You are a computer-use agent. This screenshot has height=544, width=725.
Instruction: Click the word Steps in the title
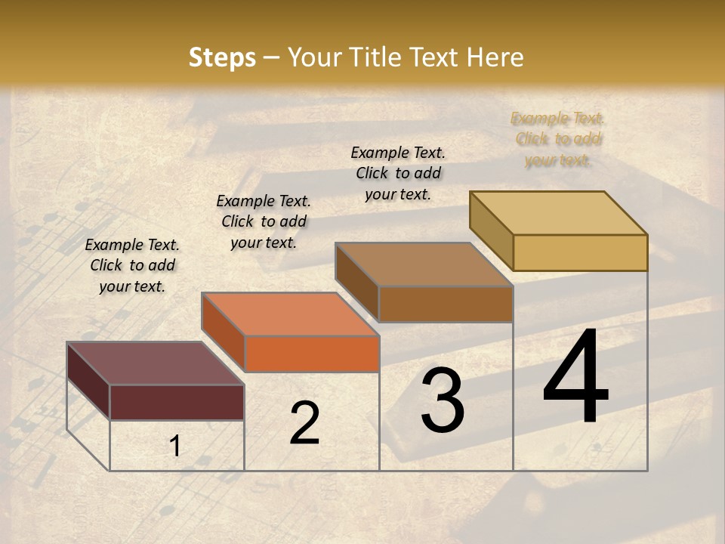(221, 57)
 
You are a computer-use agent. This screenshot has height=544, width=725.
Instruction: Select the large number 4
(576, 378)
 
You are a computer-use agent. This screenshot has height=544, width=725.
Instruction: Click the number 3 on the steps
(442, 400)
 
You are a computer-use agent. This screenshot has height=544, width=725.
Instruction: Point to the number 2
(304, 423)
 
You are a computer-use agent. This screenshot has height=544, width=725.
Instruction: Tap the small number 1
(175, 447)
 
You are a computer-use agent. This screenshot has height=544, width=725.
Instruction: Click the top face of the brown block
(424, 264)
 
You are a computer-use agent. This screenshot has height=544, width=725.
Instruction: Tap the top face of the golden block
(558, 212)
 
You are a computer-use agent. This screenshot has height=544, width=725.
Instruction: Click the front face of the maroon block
(177, 402)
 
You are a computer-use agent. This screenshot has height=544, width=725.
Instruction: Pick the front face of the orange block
(311, 354)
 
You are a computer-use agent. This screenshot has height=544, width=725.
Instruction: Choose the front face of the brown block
(446, 304)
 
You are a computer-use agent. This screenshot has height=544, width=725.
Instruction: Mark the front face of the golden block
(580, 252)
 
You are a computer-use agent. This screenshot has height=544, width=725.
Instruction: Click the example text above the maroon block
(132, 265)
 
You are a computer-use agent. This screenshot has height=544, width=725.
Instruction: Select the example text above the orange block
(264, 221)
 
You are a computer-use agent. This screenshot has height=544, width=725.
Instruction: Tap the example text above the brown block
(398, 173)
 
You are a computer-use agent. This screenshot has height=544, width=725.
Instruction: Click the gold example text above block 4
(558, 139)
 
